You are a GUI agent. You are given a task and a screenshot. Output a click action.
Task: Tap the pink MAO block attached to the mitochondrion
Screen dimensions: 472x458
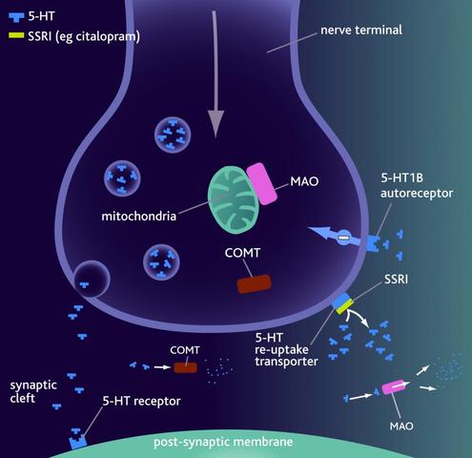pos(261,184)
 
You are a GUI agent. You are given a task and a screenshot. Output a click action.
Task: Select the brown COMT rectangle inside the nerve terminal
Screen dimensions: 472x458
pos(254,284)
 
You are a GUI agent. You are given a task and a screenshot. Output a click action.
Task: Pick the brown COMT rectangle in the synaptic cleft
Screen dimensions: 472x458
pos(185,367)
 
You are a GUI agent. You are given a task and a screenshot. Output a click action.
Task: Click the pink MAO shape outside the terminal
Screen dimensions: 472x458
pos(393,387)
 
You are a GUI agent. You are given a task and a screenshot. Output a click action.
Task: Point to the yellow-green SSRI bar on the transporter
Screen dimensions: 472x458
pos(345,306)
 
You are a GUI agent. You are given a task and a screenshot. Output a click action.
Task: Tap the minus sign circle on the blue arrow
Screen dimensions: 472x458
pos(343,237)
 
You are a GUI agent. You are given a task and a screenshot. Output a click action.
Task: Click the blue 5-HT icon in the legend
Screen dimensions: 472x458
pos(16,17)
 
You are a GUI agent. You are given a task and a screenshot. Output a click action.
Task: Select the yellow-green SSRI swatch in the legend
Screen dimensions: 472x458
pos(16,35)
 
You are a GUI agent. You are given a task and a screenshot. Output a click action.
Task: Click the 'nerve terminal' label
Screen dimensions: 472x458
pos(361,31)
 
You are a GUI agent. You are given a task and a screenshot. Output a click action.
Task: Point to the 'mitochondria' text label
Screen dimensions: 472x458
pos(139,217)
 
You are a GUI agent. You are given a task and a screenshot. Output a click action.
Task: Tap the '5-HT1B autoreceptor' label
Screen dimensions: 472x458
pos(417,185)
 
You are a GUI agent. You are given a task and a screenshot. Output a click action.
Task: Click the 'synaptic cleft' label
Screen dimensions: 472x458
pos(33,391)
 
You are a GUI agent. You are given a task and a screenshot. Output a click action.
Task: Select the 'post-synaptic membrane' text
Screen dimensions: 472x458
pos(223,442)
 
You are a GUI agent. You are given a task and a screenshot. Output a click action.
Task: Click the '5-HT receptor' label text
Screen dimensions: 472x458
pos(141,401)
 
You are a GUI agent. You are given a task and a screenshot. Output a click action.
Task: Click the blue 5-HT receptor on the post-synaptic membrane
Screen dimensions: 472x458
pos(78,441)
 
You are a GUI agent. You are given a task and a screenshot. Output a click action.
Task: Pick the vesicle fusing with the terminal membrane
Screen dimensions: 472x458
pos(92,279)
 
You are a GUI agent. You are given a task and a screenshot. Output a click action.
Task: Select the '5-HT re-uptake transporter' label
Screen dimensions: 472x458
pos(286,349)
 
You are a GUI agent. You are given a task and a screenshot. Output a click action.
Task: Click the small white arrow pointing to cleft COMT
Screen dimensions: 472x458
pos(162,367)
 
